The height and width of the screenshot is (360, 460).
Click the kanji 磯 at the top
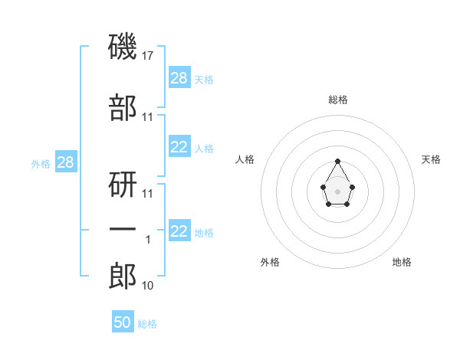pos(123,47)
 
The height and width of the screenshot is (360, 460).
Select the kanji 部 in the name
pos(123,107)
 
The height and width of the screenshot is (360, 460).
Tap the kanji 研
pos(123,185)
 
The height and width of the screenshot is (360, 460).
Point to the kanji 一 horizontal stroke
pos(123,229)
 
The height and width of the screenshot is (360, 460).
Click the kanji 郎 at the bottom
pos(123,276)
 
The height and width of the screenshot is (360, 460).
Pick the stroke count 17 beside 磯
pos(147,56)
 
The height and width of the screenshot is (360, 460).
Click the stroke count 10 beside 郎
pos(147,286)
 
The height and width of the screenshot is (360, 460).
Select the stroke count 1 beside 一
pos(148,240)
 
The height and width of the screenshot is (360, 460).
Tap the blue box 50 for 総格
pos(123,321)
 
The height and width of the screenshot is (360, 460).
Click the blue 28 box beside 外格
pos(66,162)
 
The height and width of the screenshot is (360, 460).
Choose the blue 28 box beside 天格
pos(180,77)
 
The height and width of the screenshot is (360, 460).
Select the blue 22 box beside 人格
pos(180,146)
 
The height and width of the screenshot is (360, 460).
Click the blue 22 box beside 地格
pos(180,230)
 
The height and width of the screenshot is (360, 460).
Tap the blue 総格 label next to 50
pos(147,324)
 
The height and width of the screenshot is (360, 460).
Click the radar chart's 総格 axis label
pos(338,100)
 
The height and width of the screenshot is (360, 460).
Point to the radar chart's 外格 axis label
pos(270,262)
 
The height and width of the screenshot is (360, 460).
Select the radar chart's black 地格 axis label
pos(402,262)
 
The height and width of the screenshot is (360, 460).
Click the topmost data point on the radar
pos(337,161)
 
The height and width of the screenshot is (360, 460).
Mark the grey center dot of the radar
pos(337,191)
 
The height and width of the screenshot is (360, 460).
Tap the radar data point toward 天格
pos(353,187)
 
